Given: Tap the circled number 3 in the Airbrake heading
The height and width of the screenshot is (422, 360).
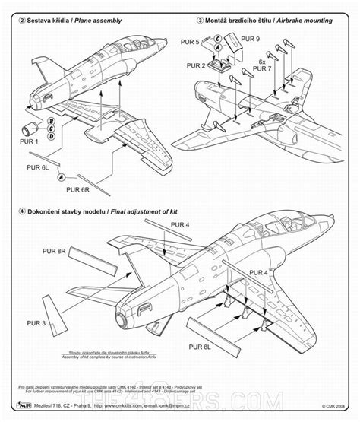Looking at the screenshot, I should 199,21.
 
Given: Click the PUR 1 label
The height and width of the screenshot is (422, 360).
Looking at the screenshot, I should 29,141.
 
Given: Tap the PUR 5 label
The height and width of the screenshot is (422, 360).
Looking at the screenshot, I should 192,42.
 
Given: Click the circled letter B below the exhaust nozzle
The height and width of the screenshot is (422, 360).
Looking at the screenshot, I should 51,120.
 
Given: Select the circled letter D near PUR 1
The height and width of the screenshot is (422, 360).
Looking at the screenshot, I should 51,137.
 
